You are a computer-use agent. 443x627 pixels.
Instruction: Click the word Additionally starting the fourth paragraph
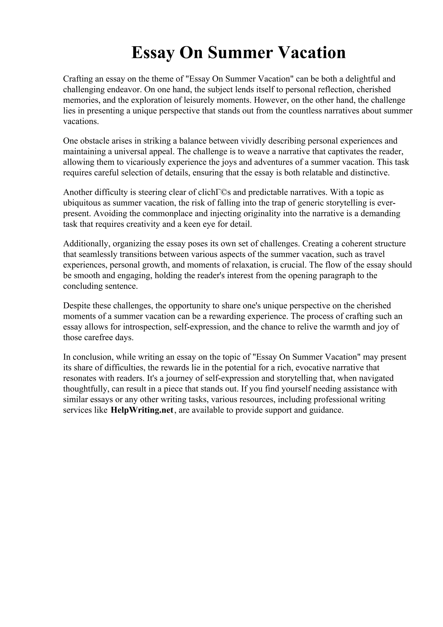[86, 244]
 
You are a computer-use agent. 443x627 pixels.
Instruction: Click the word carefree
[99, 338]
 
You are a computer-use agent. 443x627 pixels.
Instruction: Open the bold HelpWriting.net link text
[142, 410]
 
